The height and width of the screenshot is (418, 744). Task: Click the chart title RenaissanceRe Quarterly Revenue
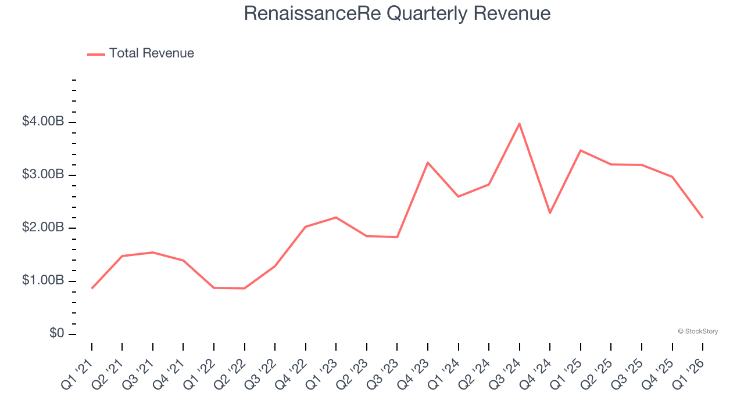pyautogui.click(x=397, y=13)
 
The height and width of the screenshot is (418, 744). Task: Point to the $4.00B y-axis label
pyautogui.click(x=43, y=122)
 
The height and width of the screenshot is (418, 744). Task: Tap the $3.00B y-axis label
pyautogui.click(x=43, y=175)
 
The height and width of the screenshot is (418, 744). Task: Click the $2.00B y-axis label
pyautogui.click(x=43, y=228)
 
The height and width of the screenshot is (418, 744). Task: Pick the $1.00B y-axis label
pyautogui.click(x=43, y=281)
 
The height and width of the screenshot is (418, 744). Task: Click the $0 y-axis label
pyautogui.click(x=56, y=334)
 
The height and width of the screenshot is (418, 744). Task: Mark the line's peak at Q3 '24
pyautogui.click(x=519, y=124)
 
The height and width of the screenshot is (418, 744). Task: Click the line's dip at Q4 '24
pyautogui.click(x=550, y=213)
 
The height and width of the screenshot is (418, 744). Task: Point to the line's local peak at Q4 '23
pyautogui.click(x=428, y=163)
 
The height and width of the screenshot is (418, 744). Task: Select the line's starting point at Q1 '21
pyautogui.click(x=92, y=288)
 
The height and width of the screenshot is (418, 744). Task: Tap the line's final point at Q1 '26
pyautogui.click(x=702, y=218)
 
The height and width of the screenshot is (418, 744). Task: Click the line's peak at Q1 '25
pyautogui.click(x=580, y=150)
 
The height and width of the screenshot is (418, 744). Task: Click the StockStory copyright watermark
pyautogui.click(x=697, y=331)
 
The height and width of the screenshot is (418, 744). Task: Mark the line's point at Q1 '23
pyautogui.click(x=336, y=217)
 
